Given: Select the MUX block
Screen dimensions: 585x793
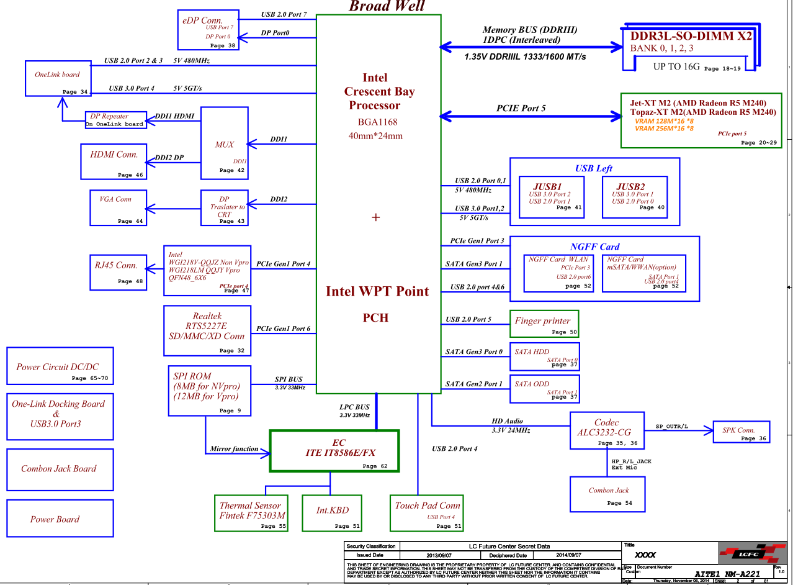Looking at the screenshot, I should pos(224,144).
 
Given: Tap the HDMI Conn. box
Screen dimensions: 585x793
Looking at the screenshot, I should pos(114,161).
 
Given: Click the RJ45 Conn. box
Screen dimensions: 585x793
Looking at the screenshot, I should pos(117,271).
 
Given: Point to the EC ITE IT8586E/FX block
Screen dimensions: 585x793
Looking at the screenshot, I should pos(334,450).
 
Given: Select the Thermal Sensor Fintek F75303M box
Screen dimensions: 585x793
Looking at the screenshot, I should pos(252,513).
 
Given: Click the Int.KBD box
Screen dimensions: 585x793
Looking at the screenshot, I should pos(333,513).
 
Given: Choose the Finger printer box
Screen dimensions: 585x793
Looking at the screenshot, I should pos(544,324).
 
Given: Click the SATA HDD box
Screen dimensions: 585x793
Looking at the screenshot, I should pos(544,356).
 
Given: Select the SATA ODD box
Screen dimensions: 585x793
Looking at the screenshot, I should pos(544,389).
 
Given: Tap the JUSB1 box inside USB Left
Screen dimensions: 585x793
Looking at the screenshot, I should pos(552,197).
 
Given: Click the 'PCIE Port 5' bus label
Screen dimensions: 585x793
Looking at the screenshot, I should pos(521,108).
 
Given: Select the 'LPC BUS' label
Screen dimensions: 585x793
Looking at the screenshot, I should pos(354,407).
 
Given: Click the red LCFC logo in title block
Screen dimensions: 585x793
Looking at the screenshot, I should pos(745,553).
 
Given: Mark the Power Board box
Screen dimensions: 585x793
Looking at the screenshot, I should pos(55,519).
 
